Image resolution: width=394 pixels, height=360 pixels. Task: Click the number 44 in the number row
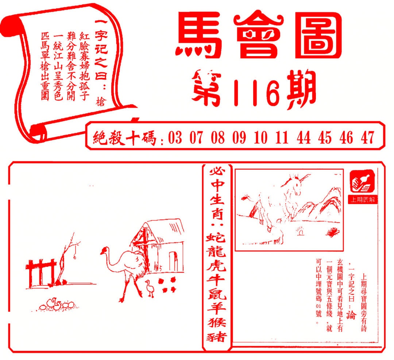coord(303,138)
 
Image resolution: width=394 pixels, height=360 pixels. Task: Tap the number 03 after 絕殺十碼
coord(175,138)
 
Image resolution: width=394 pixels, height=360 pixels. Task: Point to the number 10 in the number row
coord(260,138)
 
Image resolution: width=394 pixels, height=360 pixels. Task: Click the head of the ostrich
coord(105,250)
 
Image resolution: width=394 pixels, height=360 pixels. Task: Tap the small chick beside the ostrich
coord(150,287)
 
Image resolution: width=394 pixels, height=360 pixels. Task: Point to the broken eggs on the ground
coord(57,304)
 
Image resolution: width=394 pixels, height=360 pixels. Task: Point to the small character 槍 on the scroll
coord(101,101)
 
